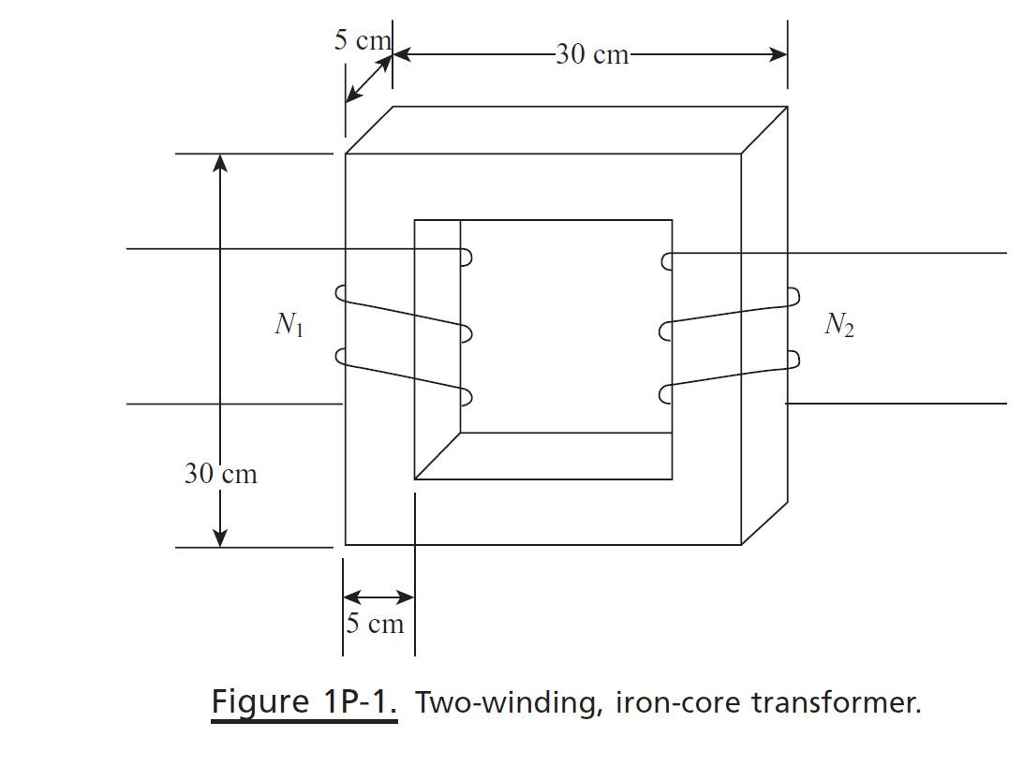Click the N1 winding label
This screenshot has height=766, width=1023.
[x=289, y=326]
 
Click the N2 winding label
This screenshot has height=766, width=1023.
[x=838, y=325]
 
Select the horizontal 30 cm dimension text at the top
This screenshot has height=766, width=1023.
[x=592, y=54]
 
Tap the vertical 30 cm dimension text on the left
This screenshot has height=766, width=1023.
[x=220, y=474]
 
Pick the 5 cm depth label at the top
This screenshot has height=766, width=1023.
[x=360, y=40]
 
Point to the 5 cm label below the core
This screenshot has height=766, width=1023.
[x=375, y=624]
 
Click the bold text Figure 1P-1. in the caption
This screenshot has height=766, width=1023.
[x=304, y=701]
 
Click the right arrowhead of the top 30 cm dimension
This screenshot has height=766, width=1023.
[x=778, y=54]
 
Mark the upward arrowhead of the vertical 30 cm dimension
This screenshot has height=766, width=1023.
[x=220, y=163]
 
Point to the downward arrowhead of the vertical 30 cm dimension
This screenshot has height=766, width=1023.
[x=220, y=538]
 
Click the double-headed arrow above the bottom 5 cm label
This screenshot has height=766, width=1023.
[x=378, y=597]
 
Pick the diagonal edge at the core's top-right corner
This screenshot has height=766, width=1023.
[x=764, y=130]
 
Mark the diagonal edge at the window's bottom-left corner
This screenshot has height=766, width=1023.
[x=437, y=456]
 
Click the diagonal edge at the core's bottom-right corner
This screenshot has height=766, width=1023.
[x=764, y=523]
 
